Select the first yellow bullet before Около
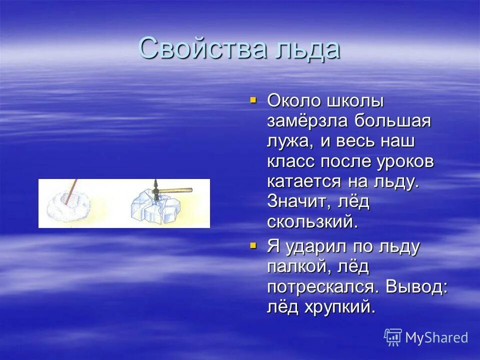point(253,100)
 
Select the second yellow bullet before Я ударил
point(253,245)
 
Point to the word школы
point(355,100)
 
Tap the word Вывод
point(412,286)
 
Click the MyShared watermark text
point(436,337)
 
